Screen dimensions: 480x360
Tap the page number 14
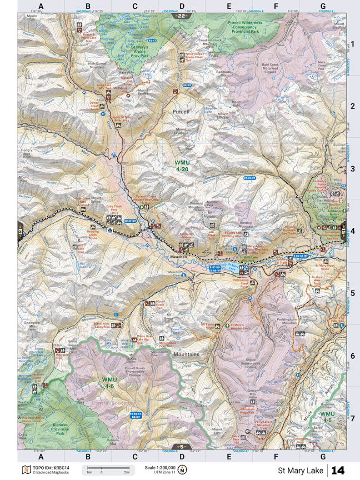(x=340, y=470)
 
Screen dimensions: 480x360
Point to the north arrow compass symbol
(x=183, y=470)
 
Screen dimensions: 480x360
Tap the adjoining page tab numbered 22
(x=181, y=16)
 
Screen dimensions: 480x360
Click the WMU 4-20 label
(x=182, y=165)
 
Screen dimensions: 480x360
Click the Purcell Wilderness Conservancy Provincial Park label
(x=247, y=27)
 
